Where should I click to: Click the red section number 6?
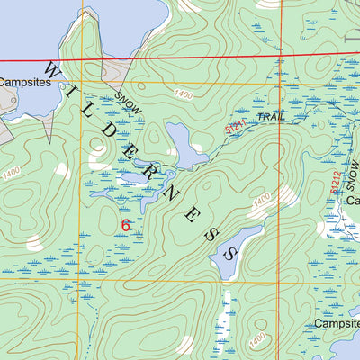pos(125,224)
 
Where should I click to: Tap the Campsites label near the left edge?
pos(25,81)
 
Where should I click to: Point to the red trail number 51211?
pos(236,128)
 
